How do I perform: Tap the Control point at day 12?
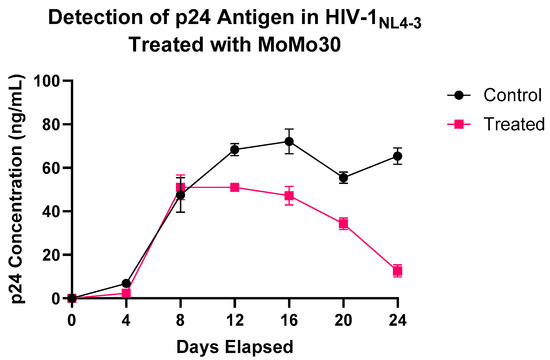click(235, 150)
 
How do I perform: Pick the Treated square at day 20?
click(343, 224)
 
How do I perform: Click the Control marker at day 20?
click(343, 178)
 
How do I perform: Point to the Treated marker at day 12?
click(235, 187)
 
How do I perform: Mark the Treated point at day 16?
click(289, 196)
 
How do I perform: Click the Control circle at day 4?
click(126, 283)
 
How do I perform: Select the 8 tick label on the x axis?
click(180, 319)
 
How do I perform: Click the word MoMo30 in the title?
click(298, 46)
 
